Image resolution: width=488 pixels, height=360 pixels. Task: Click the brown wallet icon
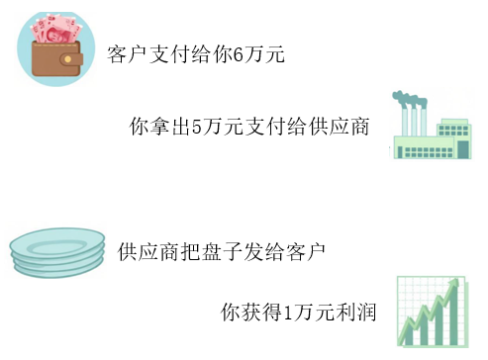pos(56,58)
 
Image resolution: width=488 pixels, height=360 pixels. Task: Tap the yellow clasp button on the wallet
pos(67,59)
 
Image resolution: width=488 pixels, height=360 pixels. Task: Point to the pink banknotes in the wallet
pos(56,29)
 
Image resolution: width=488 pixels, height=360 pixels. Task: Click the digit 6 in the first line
pos(238,54)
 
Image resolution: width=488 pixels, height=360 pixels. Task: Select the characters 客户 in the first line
pos(127,54)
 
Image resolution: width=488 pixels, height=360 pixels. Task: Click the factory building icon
pos(432,126)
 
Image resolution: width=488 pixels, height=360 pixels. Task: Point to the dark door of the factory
pos(463,149)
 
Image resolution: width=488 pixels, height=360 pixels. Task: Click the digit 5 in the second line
pos(197,127)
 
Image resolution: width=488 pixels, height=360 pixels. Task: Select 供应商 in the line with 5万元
pos(339,127)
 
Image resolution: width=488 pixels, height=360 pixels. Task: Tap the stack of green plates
pos(57,252)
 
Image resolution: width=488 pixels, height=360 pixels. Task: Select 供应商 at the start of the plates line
pos(148,252)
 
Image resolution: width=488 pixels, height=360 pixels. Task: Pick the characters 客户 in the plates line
pos(306,252)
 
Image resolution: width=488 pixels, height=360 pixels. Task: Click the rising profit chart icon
pos(433,312)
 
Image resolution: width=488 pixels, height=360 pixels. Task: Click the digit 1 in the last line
pos(288,313)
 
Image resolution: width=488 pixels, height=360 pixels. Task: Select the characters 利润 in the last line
pos(355,313)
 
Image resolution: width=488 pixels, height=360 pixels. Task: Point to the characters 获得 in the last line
pos(261,313)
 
